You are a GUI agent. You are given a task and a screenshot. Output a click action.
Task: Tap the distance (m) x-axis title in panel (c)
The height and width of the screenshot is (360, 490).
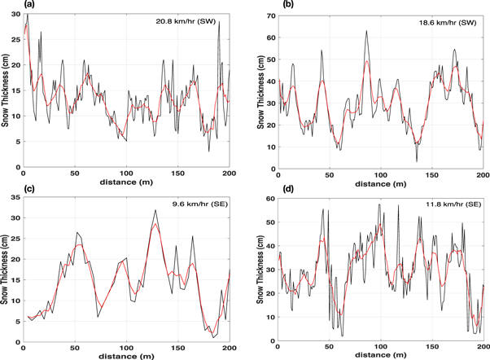coord(126,357)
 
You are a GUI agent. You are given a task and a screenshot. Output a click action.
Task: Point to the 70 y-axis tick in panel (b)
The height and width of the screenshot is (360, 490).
coord(270,15)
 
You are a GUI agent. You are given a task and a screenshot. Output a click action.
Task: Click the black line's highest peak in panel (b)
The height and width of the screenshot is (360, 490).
coord(367,31)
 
